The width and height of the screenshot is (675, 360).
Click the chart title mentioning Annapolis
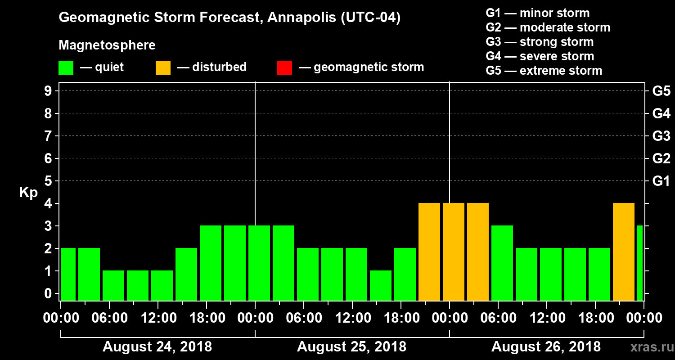pyautogui.click(x=229, y=18)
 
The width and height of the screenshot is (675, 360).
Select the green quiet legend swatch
pyautogui.click(x=66, y=67)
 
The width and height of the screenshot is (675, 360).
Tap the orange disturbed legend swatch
pyautogui.click(x=163, y=67)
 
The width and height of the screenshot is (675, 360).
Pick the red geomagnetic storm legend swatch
pyautogui.click(x=284, y=67)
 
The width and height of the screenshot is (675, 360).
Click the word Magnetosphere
pyautogui.click(x=107, y=45)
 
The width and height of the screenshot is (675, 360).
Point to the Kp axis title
pyautogui.click(x=28, y=193)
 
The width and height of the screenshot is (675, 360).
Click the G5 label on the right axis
pyautogui.click(x=661, y=91)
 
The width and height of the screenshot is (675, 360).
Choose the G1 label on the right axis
pyautogui.click(x=661, y=181)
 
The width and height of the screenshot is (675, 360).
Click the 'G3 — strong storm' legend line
pyautogui.click(x=540, y=42)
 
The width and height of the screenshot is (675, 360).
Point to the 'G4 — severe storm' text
pyautogui.click(x=540, y=56)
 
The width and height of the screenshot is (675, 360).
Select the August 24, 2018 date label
pyautogui.click(x=157, y=347)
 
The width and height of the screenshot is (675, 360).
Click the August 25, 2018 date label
pyautogui.click(x=351, y=347)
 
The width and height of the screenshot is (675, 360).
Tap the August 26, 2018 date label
pyautogui.click(x=546, y=347)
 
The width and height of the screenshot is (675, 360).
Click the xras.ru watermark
pyautogui.click(x=649, y=347)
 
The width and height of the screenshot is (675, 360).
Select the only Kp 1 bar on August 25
pyautogui.click(x=381, y=285)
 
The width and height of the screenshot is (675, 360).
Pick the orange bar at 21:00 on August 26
pyautogui.click(x=624, y=252)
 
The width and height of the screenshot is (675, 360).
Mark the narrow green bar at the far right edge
pyautogui.click(x=640, y=263)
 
